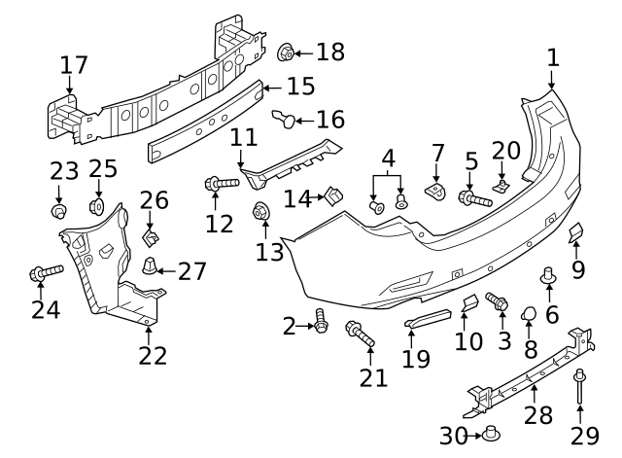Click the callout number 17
(74, 65)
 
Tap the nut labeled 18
(287, 53)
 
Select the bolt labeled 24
(46, 273)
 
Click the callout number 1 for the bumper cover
(552, 57)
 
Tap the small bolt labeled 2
(321, 321)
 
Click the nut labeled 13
(261, 211)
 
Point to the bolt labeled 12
(221, 183)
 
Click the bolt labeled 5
(473, 199)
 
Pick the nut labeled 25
(97, 206)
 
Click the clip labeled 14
(332, 196)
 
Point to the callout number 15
(300, 86)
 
